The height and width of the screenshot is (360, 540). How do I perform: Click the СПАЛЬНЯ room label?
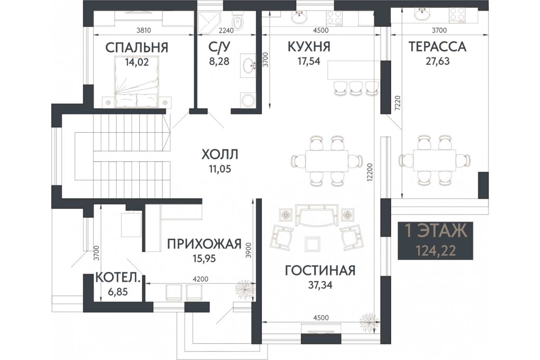pos(137,47)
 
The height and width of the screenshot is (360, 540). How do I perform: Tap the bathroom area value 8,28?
pos(219,61)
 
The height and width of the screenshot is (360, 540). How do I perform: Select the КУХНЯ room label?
pos(309,47)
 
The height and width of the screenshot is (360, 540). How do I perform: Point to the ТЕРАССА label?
pos(437,47)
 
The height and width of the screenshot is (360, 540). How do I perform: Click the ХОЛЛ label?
pos(220,154)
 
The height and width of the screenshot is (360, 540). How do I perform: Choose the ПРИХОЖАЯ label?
pos(204,244)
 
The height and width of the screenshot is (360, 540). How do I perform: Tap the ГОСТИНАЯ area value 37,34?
pos(320,285)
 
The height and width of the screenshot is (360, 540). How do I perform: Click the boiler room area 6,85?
pos(118,292)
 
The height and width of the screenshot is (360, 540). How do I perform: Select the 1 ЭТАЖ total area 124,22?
pos(436,251)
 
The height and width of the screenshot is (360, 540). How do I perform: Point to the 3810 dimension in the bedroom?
pos(143,30)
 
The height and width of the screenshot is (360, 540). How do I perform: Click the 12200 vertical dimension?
pos(370,172)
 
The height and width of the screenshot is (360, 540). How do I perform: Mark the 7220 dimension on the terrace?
pos(398,103)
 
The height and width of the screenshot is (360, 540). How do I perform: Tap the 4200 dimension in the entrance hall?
pos(201,279)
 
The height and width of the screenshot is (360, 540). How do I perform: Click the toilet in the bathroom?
pos(238,20)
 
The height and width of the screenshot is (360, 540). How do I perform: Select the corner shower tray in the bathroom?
pos(209,22)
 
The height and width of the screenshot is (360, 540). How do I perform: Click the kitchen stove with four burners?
pos(334,19)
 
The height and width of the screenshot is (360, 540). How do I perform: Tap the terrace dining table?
pos(434,161)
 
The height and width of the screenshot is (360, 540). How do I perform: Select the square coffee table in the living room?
pos(312,244)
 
